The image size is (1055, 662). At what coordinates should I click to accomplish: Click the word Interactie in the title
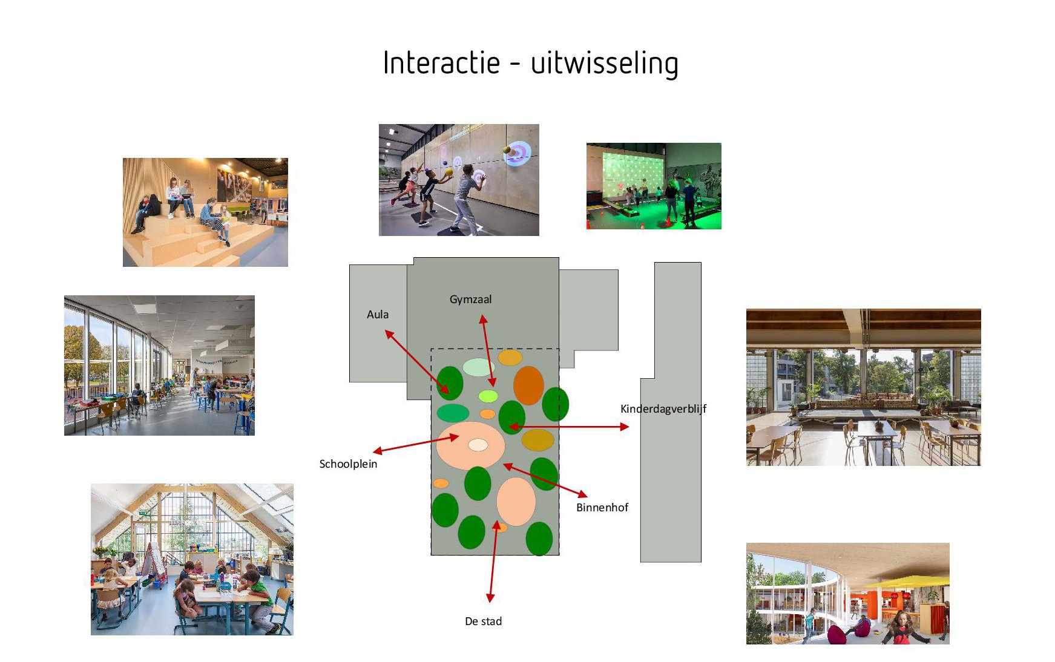pos(442,63)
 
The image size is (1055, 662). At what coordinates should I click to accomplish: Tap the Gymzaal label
pos(470,300)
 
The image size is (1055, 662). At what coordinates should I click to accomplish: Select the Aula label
pos(378,315)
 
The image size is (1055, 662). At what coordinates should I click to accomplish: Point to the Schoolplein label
pos(348,464)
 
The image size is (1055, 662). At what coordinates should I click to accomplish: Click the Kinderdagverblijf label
pos(663,409)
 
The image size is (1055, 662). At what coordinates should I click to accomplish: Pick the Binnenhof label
pos(602,508)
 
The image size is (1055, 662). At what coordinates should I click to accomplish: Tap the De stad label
pos(483,621)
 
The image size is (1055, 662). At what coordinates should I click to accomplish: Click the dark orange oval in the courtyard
pos(528,385)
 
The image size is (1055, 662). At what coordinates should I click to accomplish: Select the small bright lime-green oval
pos(488,396)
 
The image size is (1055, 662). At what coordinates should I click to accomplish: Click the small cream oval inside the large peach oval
pos(478,445)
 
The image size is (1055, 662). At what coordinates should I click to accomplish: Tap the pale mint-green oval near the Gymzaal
pos(479,367)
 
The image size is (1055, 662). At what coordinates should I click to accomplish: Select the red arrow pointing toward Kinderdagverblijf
pos(569,427)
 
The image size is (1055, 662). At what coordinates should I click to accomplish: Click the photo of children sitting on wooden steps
pos(205,212)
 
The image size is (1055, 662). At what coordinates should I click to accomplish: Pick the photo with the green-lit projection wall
pos(654,186)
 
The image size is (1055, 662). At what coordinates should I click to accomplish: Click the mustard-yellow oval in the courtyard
pos(537,440)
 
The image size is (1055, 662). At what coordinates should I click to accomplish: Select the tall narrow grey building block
pos(671,412)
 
